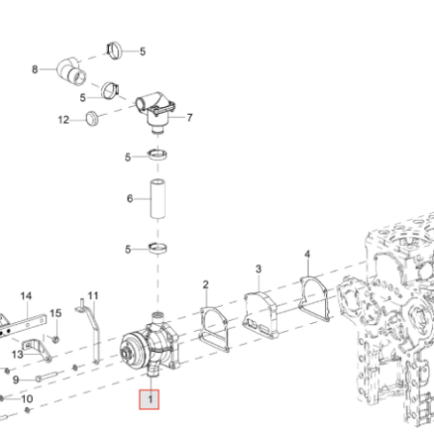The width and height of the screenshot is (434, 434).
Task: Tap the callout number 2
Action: (x=205, y=285)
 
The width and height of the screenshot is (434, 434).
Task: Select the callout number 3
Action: (x=258, y=269)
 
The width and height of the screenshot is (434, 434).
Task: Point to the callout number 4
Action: (x=308, y=255)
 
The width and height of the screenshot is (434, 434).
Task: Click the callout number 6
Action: (x=130, y=199)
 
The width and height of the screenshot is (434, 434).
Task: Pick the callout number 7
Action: (x=190, y=118)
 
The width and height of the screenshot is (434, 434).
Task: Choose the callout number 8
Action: (x=35, y=69)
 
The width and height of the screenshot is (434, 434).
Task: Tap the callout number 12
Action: (x=64, y=120)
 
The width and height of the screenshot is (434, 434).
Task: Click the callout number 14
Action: (x=26, y=296)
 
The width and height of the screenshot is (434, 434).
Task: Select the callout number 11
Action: (x=93, y=295)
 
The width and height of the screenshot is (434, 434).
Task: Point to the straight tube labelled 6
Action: (x=158, y=200)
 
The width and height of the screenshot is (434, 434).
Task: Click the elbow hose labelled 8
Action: (x=71, y=72)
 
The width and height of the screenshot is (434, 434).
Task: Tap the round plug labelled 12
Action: (x=92, y=119)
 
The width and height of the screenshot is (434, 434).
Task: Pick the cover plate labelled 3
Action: (x=260, y=315)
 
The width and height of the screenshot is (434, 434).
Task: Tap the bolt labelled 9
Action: (x=47, y=376)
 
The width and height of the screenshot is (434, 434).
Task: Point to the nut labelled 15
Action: (x=56, y=339)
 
